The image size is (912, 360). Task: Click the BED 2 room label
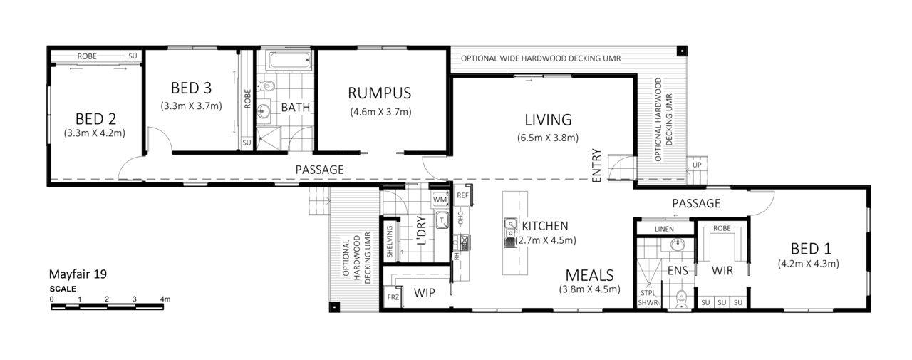tap(95, 119)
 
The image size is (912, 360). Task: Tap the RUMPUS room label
tap(380, 93)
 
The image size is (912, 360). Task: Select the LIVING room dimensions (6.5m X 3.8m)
tap(548, 138)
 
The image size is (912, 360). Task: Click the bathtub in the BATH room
tap(289, 61)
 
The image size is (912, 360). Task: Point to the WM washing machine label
tap(440, 200)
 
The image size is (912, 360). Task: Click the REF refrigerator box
tap(462, 195)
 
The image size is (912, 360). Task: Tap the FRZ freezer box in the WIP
tap(393, 297)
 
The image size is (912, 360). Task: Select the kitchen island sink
tap(509, 233)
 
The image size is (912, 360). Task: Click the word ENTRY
tap(596, 166)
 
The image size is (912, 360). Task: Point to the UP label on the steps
tap(697, 165)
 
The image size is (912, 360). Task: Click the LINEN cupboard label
tap(664, 229)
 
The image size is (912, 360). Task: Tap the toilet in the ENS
tap(681, 298)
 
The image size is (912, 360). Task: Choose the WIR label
tap(722, 271)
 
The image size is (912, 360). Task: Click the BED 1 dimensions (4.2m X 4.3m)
tap(808, 264)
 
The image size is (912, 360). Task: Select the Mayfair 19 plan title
tap(78, 274)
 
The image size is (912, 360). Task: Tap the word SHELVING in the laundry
tap(390, 242)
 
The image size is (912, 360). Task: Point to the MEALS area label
tap(589, 276)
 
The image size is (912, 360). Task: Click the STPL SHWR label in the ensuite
tap(648, 298)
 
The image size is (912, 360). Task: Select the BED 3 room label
tap(191, 88)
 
